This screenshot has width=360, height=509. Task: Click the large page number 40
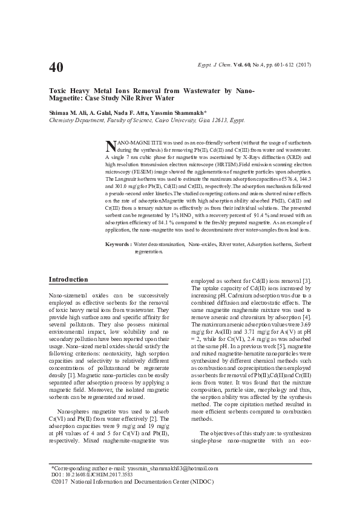coord(56,66)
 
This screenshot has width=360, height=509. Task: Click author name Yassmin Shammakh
coord(183,112)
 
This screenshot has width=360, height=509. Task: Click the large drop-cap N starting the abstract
coord(110,146)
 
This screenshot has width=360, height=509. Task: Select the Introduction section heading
coord(68,279)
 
